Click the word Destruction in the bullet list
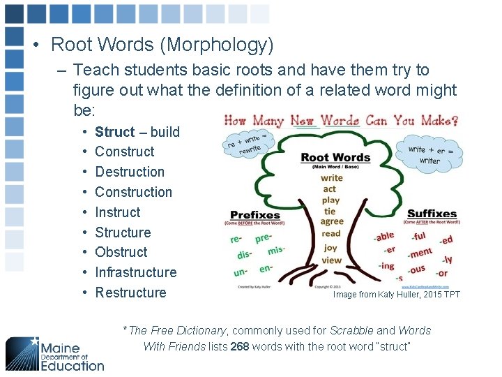pyautogui.click(x=130, y=172)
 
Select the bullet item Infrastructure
pyautogui.click(x=136, y=272)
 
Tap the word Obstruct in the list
pyautogui.click(x=121, y=252)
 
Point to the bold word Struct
pyautogui.click(x=115, y=132)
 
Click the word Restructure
pyautogui.click(x=130, y=293)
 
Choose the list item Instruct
pyautogui.click(x=118, y=212)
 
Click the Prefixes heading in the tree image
pyautogui.click(x=254, y=215)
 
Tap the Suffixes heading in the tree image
pyautogui.click(x=432, y=214)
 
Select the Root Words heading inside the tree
pyautogui.click(x=335, y=158)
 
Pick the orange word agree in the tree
pyautogui.click(x=332, y=222)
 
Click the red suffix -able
pyautogui.click(x=384, y=237)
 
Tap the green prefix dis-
pyautogui.click(x=244, y=255)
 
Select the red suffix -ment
pyautogui.click(x=420, y=253)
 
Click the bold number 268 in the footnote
pyautogui.click(x=240, y=347)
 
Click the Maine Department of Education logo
pyautogui.click(x=55, y=353)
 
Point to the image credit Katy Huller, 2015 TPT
pyautogui.click(x=397, y=295)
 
